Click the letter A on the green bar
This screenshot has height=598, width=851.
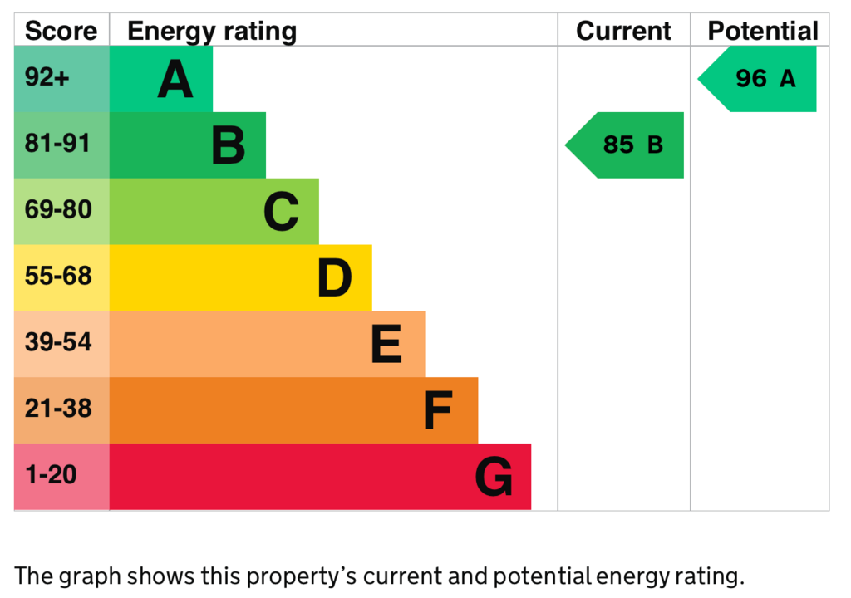coord(175,80)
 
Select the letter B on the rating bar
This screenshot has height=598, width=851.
coord(228,145)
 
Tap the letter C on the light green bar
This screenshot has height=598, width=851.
coord(281,212)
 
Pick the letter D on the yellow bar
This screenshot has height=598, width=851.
coord(334,278)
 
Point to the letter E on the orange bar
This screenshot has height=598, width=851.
coord(386,345)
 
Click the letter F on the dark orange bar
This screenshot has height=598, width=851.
coord(437,410)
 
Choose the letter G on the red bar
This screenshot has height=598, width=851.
coord(494,478)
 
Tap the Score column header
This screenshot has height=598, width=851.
coord(61,32)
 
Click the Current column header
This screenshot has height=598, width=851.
coord(623,32)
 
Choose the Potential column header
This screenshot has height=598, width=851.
coord(762,32)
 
